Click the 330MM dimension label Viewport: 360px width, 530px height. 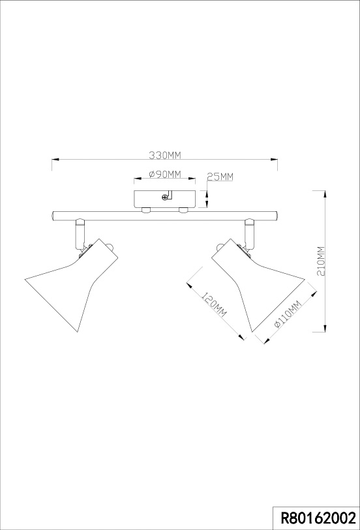[165, 155]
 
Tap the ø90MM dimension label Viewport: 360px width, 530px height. [165, 174]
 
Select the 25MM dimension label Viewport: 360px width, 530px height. [220, 177]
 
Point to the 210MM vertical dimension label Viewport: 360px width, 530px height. [322, 261]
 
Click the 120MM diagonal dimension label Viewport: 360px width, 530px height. [214, 304]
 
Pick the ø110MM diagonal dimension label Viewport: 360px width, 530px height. [288, 314]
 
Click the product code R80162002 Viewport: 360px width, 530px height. [319, 518]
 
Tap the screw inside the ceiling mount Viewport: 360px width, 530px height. [165, 198]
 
